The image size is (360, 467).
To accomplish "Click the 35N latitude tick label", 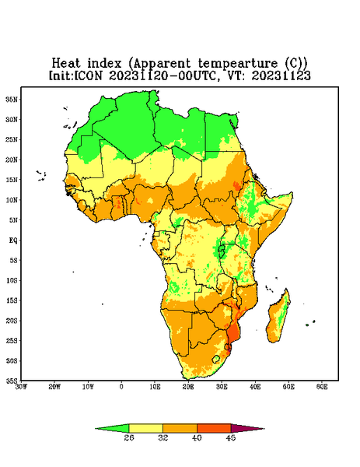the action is (x=12, y=99).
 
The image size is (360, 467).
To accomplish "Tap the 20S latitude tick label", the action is (x=12, y=321).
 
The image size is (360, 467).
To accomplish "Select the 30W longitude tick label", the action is (x=22, y=387).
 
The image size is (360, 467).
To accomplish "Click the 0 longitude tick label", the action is (x=121, y=387).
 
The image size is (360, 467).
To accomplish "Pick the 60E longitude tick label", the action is (x=322, y=387).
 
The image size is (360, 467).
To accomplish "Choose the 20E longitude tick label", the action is (x=188, y=387).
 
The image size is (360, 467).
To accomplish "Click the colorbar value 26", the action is (x=129, y=437).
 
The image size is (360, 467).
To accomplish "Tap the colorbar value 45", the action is (x=231, y=437).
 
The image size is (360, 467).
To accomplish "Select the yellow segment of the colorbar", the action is (x=145, y=428).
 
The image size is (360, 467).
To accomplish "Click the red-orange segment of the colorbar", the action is (x=214, y=428).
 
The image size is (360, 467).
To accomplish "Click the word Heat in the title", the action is (x=66, y=63).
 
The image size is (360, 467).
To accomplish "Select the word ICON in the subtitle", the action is (x=88, y=75).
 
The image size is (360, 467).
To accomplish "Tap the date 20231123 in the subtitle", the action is (x=281, y=75).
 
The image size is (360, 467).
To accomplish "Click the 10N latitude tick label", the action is (x=12, y=200).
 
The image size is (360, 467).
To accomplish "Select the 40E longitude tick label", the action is (x=255, y=387).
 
